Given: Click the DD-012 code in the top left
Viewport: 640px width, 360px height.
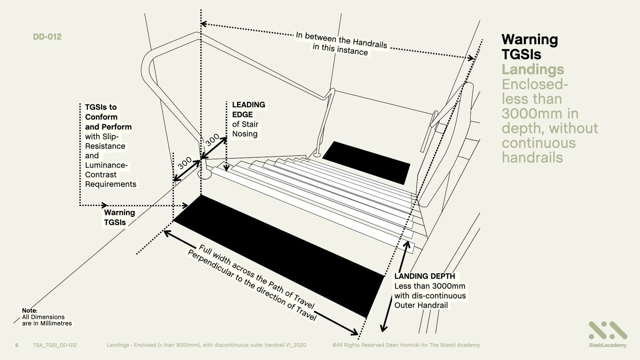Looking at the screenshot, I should [47, 37].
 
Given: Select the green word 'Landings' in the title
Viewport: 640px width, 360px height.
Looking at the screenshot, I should [533, 69].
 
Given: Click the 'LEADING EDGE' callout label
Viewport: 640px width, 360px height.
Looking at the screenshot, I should [248, 109].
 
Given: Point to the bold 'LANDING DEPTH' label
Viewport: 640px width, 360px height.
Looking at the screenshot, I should [424, 276].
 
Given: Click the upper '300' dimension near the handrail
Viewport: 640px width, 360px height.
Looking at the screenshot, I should [212, 139].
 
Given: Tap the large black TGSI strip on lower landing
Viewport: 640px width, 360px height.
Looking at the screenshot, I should [277, 255].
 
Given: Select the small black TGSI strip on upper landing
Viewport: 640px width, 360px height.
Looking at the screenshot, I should [366, 162].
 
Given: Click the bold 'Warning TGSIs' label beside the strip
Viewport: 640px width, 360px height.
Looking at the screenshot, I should [119, 217].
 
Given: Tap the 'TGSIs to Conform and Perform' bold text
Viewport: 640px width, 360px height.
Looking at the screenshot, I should [108, 117].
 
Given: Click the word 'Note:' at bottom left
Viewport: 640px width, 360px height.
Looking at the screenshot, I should [30, 310].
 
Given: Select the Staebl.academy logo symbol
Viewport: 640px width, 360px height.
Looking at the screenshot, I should [607, 331].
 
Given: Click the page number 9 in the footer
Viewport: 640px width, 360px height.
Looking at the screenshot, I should [17, 345].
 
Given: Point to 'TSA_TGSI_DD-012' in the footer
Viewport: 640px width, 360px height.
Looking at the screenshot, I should [55, 345].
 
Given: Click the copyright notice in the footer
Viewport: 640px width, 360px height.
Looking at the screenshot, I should [406, 345].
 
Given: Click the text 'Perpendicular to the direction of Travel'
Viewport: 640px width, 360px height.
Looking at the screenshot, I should [252, 285].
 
